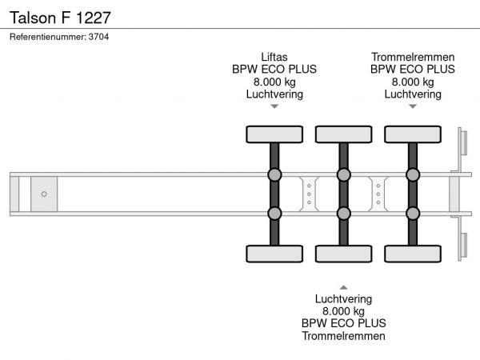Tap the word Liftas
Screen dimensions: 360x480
click(274, 57)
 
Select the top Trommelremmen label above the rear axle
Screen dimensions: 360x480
click(413, 57)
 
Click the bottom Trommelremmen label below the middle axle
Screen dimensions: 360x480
click(343, 335)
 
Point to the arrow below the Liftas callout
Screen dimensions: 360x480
click(274, 106)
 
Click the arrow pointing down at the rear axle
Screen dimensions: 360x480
click(413, 106)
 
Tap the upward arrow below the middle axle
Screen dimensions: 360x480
click(343, 286)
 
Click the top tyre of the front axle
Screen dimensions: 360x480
click(274, 134)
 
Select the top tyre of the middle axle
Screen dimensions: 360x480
click(343, 134)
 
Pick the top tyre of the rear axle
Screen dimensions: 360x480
click(413, 134)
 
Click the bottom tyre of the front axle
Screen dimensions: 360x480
click(274, 254)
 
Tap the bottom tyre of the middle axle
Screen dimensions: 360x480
click(343, 254)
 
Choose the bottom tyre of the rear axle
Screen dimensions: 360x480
click(413, 254)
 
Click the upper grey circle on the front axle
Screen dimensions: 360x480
click(274, 174)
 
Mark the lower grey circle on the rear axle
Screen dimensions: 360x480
click(413, 213)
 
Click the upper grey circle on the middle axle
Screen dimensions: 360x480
click(343, 174)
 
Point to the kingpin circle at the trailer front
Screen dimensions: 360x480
click(44, 194)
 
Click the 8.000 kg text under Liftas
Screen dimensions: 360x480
click(274, 82)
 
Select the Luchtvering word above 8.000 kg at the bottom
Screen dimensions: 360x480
click(343, 298)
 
